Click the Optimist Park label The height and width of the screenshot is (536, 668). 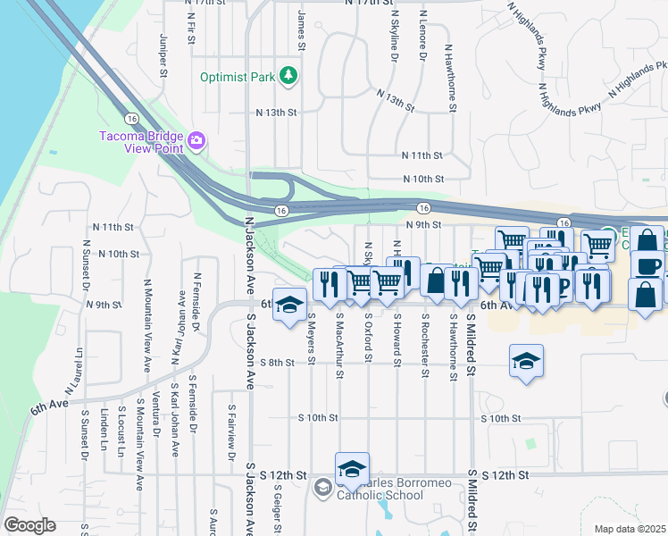click(x=238, y=77)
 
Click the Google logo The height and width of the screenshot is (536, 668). click(x=29, y=525)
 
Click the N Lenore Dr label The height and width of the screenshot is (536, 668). click(x=422, y=42)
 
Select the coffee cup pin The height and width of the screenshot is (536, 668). click(x=647, y=265)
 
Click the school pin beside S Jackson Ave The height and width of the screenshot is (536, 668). click(x=289, y=305)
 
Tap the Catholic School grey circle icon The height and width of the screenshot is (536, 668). click(x=322, y=487)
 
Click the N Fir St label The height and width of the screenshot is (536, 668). click(x=191, y=29)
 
